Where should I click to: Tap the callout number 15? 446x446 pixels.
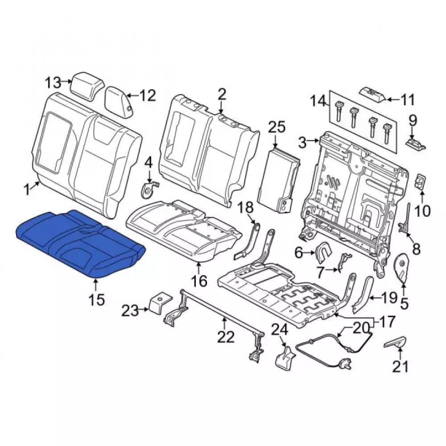[96, 299]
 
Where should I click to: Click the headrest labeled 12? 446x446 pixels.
[119, 102]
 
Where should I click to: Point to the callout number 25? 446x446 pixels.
[277, 128]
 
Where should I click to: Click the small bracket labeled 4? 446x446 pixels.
[149, 189]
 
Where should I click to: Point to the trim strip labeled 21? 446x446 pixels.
[395, 342]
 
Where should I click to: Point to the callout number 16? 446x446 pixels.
[199, 281]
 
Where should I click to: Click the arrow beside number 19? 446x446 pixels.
[377, 298]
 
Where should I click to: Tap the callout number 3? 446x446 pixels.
[302, 142]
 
